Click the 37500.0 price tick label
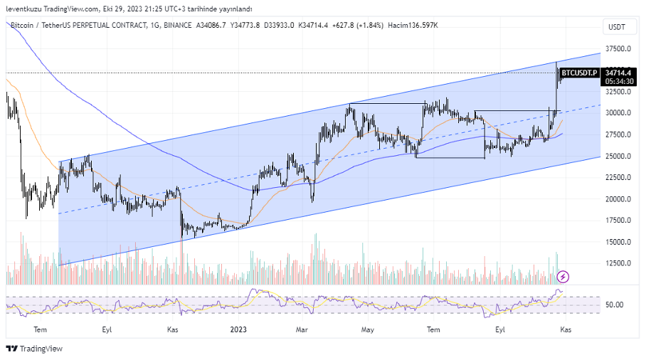(x=618, y=48)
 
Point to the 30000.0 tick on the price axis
(x=618, y=112)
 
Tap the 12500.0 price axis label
(x=618, y=263)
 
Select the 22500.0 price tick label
(x=618, y=177)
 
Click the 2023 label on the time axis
(x=238, y=329)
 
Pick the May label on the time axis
(x=368, y=329)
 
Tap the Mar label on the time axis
(x=302, y=329)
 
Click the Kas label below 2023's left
(x=172, y=329)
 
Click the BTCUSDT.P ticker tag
(x=579, y=73)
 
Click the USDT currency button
(x=617, y=27)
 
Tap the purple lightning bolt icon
(x=563, y=276)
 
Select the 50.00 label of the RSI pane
(x=615, y=305)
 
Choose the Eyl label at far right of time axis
(x=500, y=329)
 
